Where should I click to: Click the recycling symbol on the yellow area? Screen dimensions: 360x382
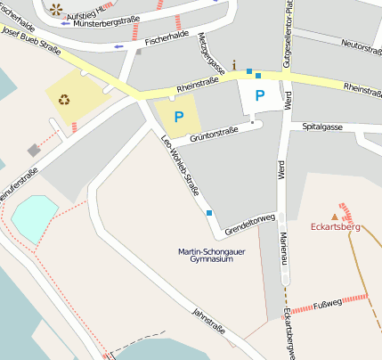[x=64, y=99]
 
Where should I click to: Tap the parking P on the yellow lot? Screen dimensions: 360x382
[x=179, y=116]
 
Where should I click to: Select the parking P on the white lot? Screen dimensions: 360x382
[x=260, y=94]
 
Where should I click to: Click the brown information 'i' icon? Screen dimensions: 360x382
[x=234, y=64]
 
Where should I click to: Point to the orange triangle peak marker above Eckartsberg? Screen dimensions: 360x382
[x=335, y=217]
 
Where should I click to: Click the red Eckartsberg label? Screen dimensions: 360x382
[x=335, y=227]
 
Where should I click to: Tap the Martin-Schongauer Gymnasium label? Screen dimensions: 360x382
[x=206, y=257]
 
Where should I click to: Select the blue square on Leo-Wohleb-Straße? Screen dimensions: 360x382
[x=209, y=213]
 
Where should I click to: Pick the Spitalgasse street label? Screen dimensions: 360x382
[x=321, y=127]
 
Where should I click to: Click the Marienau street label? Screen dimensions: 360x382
[x=284, y=248]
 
